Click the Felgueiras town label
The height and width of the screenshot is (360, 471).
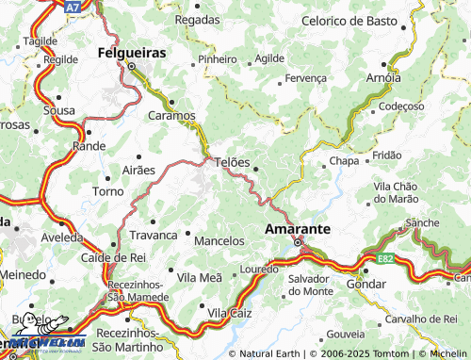pyautogui.click(x=133, y=54)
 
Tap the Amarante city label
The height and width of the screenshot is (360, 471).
pyautogui.click(x=297, y=229)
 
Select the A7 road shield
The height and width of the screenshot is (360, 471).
pyautogui.click(x=73, y=7)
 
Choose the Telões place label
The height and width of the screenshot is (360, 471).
pyautogui.click(x=233, y=162)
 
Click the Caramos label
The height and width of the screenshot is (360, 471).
pyautogui.click(x=171, y=116)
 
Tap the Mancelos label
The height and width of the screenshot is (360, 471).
pyautogui.click(x=219, y=241)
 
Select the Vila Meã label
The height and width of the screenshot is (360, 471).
pyautogui.click(x=199, y=277)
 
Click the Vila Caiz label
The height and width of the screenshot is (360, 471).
pyautogui.click(x=232, y=312)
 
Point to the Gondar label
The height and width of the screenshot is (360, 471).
pyautogui.click(x=366, y=284)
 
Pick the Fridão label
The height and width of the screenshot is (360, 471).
pyautogui.click(x=387, y=155)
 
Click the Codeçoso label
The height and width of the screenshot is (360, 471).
pyautogui.click(x=401, y=106)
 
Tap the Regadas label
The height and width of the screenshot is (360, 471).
pyautogui.click(x=197, y=19)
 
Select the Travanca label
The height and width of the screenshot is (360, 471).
pyautogui.click(x=154, y=235)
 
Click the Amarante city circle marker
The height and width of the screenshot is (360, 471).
pyautogui.click(x=299, y=242)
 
